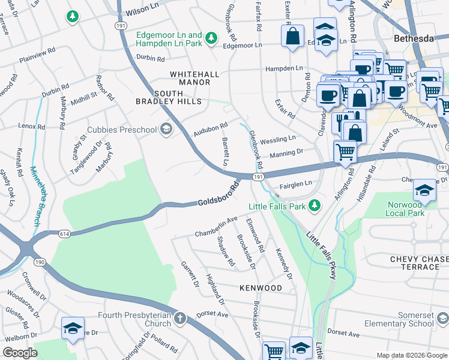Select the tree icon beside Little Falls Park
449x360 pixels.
[315, 207]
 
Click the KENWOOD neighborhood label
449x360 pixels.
[261, 289]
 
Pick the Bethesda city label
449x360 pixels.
[413, 38]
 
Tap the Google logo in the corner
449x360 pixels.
[21, 353]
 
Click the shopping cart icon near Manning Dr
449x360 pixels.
[345, 152]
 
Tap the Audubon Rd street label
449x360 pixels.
[211, 128]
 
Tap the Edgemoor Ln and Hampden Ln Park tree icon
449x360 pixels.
[211, 39]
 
